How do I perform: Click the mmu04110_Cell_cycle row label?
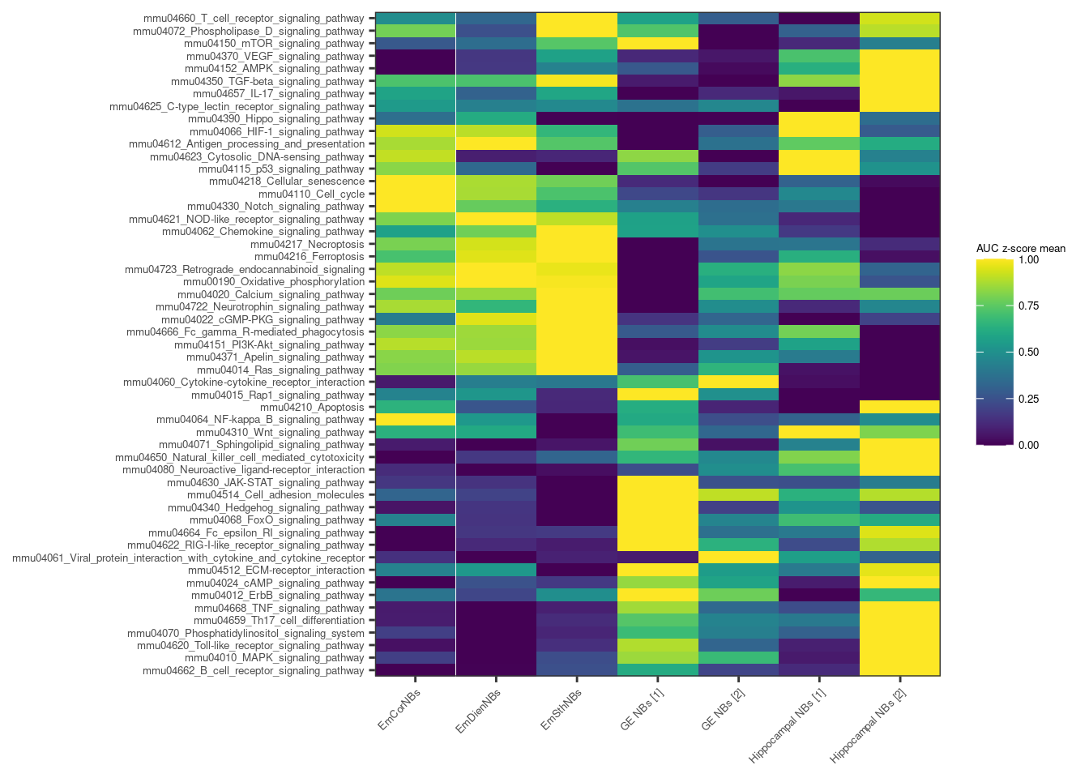(x=311, y=194)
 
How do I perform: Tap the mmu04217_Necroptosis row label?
(x=307, y=245)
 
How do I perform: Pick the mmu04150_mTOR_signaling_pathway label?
(x=275, y=44)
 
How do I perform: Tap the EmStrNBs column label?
(x=562, y=708)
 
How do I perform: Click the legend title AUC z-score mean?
(x=1020, y=249)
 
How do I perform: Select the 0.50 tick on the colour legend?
(x=1028, y=353)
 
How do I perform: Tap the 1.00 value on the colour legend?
(x=1028, y=260)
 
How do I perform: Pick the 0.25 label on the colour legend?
(x=1028, y=399)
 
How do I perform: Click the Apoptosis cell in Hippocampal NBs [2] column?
(x=899, y=407)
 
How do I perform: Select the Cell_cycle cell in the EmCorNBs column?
(x=416, y=194)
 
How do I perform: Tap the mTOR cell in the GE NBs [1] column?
(x=657, y=44)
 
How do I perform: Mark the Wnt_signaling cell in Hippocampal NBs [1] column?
(x=819, y=432)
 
